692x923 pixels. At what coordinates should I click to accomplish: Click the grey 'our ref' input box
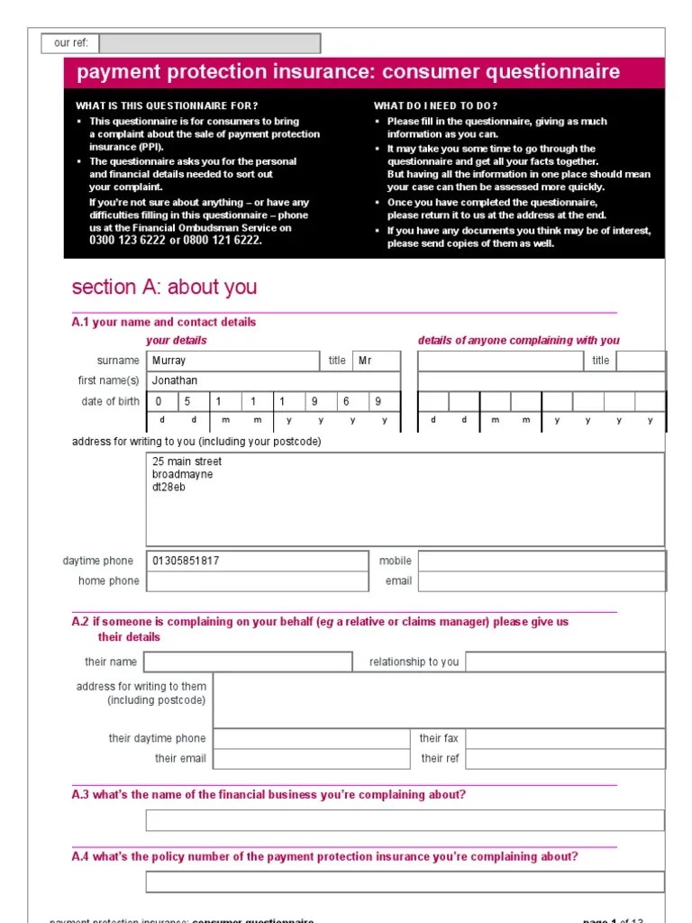[x=209, y=43]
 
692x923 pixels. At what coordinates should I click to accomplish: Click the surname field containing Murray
[x=232, y=361]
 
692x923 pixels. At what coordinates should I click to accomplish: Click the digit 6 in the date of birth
[x=345, y=402]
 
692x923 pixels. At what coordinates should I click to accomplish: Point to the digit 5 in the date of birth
[x=188, y=402]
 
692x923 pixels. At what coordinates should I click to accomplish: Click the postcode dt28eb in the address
[x=168, y=488]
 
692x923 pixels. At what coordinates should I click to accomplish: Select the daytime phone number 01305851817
[x=187, y=561]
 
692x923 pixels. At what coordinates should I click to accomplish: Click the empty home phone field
[x=257, y=581]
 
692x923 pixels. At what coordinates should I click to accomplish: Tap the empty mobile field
[x=542, y=561]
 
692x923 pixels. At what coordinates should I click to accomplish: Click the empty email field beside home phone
[x=542, y=581]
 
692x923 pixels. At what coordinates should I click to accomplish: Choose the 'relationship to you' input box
[x=565, y=662]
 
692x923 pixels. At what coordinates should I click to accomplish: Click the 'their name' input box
[x=249, y=662]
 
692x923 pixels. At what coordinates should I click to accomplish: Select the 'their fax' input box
[x=565, y=739]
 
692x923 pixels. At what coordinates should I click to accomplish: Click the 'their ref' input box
[x=565, y=759]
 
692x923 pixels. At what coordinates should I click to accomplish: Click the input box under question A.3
[x=405, y=820]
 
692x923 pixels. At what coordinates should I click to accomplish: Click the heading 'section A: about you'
[x=164, y=287]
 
